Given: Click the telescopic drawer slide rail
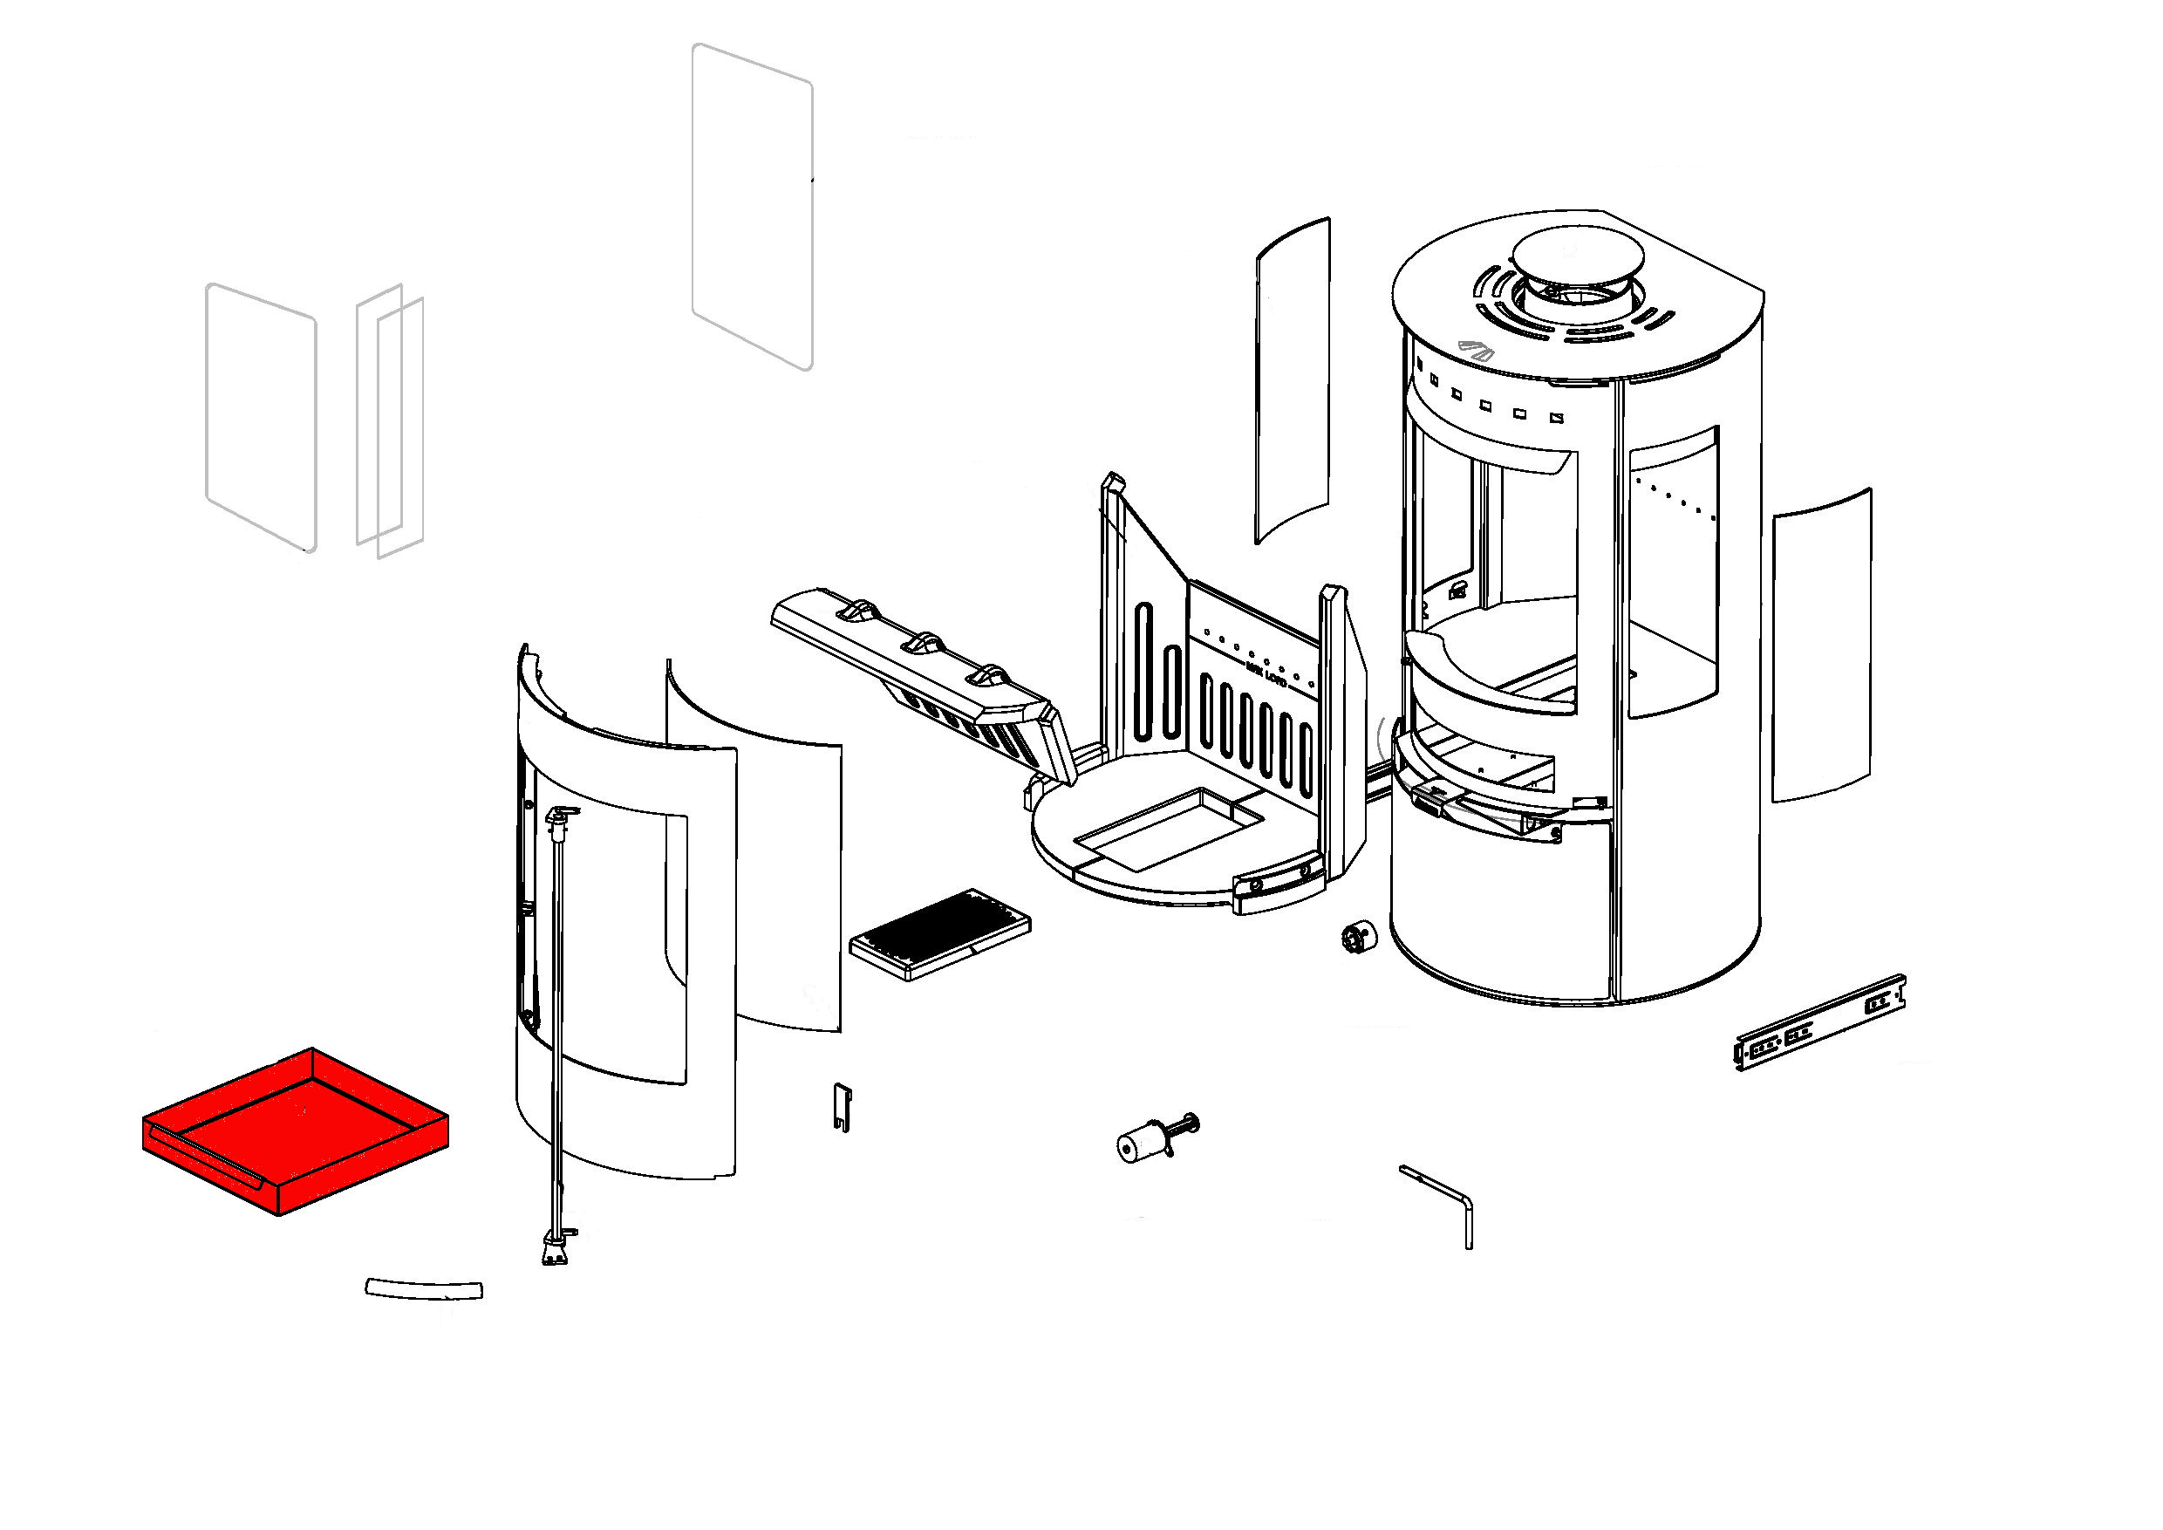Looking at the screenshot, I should (1819, 1023).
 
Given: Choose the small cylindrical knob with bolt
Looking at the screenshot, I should (1153, 1138).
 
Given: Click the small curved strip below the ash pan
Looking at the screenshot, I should (424, 1288).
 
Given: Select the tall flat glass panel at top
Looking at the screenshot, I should (752, 205).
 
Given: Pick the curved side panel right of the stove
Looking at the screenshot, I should (1820, 645).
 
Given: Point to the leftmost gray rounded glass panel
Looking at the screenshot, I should (261, 417).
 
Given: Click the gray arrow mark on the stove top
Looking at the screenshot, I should (1475, 350).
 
